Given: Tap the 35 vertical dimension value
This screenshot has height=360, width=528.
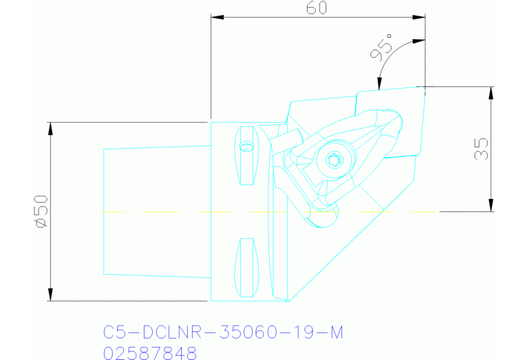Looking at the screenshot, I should tap(482, 149).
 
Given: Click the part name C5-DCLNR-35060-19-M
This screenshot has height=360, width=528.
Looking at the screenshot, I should tap(223, 333).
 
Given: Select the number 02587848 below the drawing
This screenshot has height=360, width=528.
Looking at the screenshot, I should tap(149, 353).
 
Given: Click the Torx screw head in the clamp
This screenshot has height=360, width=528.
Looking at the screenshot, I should tap(334, 161).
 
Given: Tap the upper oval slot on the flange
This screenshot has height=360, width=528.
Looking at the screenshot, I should tap(246, 156).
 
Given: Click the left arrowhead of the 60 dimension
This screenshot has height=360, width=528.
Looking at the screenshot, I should tap(215, 17).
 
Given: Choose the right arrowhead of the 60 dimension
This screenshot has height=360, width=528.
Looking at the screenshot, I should tap(421, 17).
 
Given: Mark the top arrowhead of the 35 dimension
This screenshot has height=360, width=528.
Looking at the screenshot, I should tap(491, 91).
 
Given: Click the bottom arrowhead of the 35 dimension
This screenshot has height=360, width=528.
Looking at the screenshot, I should tap(491, 207).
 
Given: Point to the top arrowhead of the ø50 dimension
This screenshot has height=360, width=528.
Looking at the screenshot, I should tap(50, 127).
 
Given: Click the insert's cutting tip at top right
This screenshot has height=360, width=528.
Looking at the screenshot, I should tap(421, 87).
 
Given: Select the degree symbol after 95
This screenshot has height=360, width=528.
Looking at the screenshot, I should tap(390, 36).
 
